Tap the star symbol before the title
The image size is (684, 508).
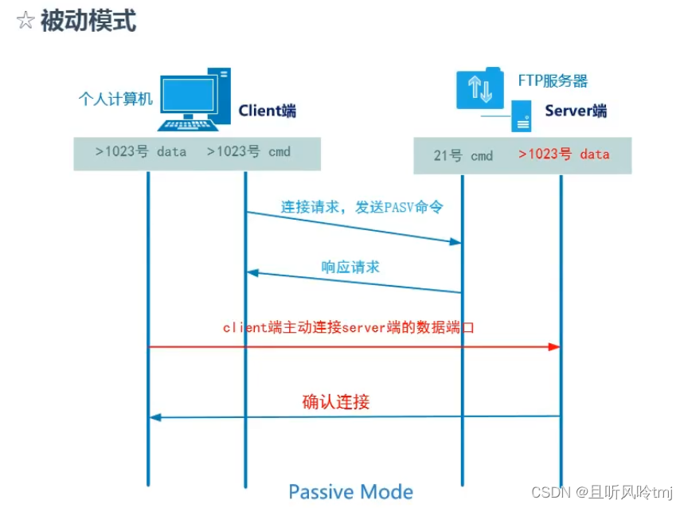(x=25, y=21)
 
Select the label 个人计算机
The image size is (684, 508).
(x=115, y=99)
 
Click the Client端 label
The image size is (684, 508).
(x=267, y=111)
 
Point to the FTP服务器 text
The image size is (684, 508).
(x=553, y=80)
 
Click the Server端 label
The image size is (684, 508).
(x=575, y=111)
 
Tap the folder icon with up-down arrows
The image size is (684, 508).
(x=479, y=88)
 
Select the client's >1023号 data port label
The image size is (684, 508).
(x=141, y=151)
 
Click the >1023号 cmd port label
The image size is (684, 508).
(x=249, y=151)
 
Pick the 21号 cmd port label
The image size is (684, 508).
(x=463, y=155)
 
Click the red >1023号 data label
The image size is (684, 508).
(x=564, y=154)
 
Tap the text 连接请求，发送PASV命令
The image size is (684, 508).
(x=362, y=207)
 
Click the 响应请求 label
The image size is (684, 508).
(x=350, y=267)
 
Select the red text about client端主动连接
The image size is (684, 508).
(x=348, y=326)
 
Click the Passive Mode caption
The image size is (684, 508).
(x=350, y=491)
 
